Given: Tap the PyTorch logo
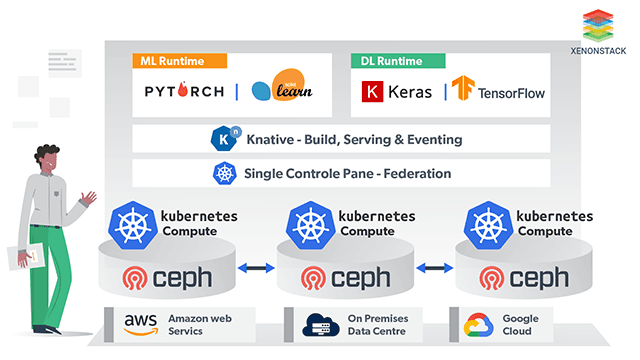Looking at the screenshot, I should [185, 92].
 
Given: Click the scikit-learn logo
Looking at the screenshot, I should [282, 91].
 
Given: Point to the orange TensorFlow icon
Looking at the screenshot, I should [463, 91].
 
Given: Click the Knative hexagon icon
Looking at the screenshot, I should [222, 139].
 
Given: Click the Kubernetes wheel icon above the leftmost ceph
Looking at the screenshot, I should [133, 222].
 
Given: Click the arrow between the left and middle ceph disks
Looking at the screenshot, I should [257, 268].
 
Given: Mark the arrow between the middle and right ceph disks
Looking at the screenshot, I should [435, 268].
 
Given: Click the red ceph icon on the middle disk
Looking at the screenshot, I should [312, 277].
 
